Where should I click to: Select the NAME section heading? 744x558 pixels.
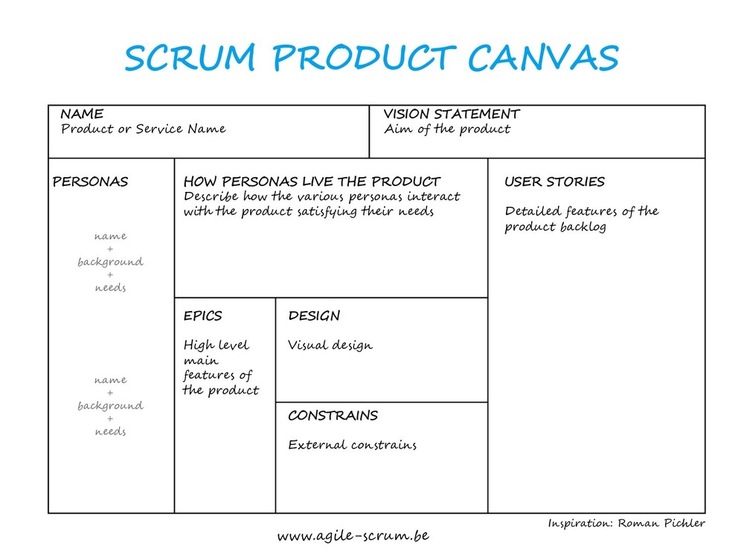pos(82,115)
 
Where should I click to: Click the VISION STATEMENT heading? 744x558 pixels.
pos(452,115)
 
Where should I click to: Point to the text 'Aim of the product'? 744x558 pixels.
pos(447,129)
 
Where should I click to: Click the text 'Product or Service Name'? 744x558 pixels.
pos(143,129)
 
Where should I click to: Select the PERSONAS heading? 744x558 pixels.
pos(90,182)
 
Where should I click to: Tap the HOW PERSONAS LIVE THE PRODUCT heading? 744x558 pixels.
pos(312,182)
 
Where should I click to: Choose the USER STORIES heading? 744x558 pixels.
pos(554,182)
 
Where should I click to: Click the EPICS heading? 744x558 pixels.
pos(202,316)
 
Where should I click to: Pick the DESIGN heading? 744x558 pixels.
pos(314,316)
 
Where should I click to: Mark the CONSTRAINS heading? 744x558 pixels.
pos(333,416)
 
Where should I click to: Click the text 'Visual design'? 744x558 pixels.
pos(330,346)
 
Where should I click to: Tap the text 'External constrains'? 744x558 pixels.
pos(352,446)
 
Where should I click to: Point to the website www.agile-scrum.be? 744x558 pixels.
pos(353,536)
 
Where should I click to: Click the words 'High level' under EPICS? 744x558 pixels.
pos(217,345)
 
